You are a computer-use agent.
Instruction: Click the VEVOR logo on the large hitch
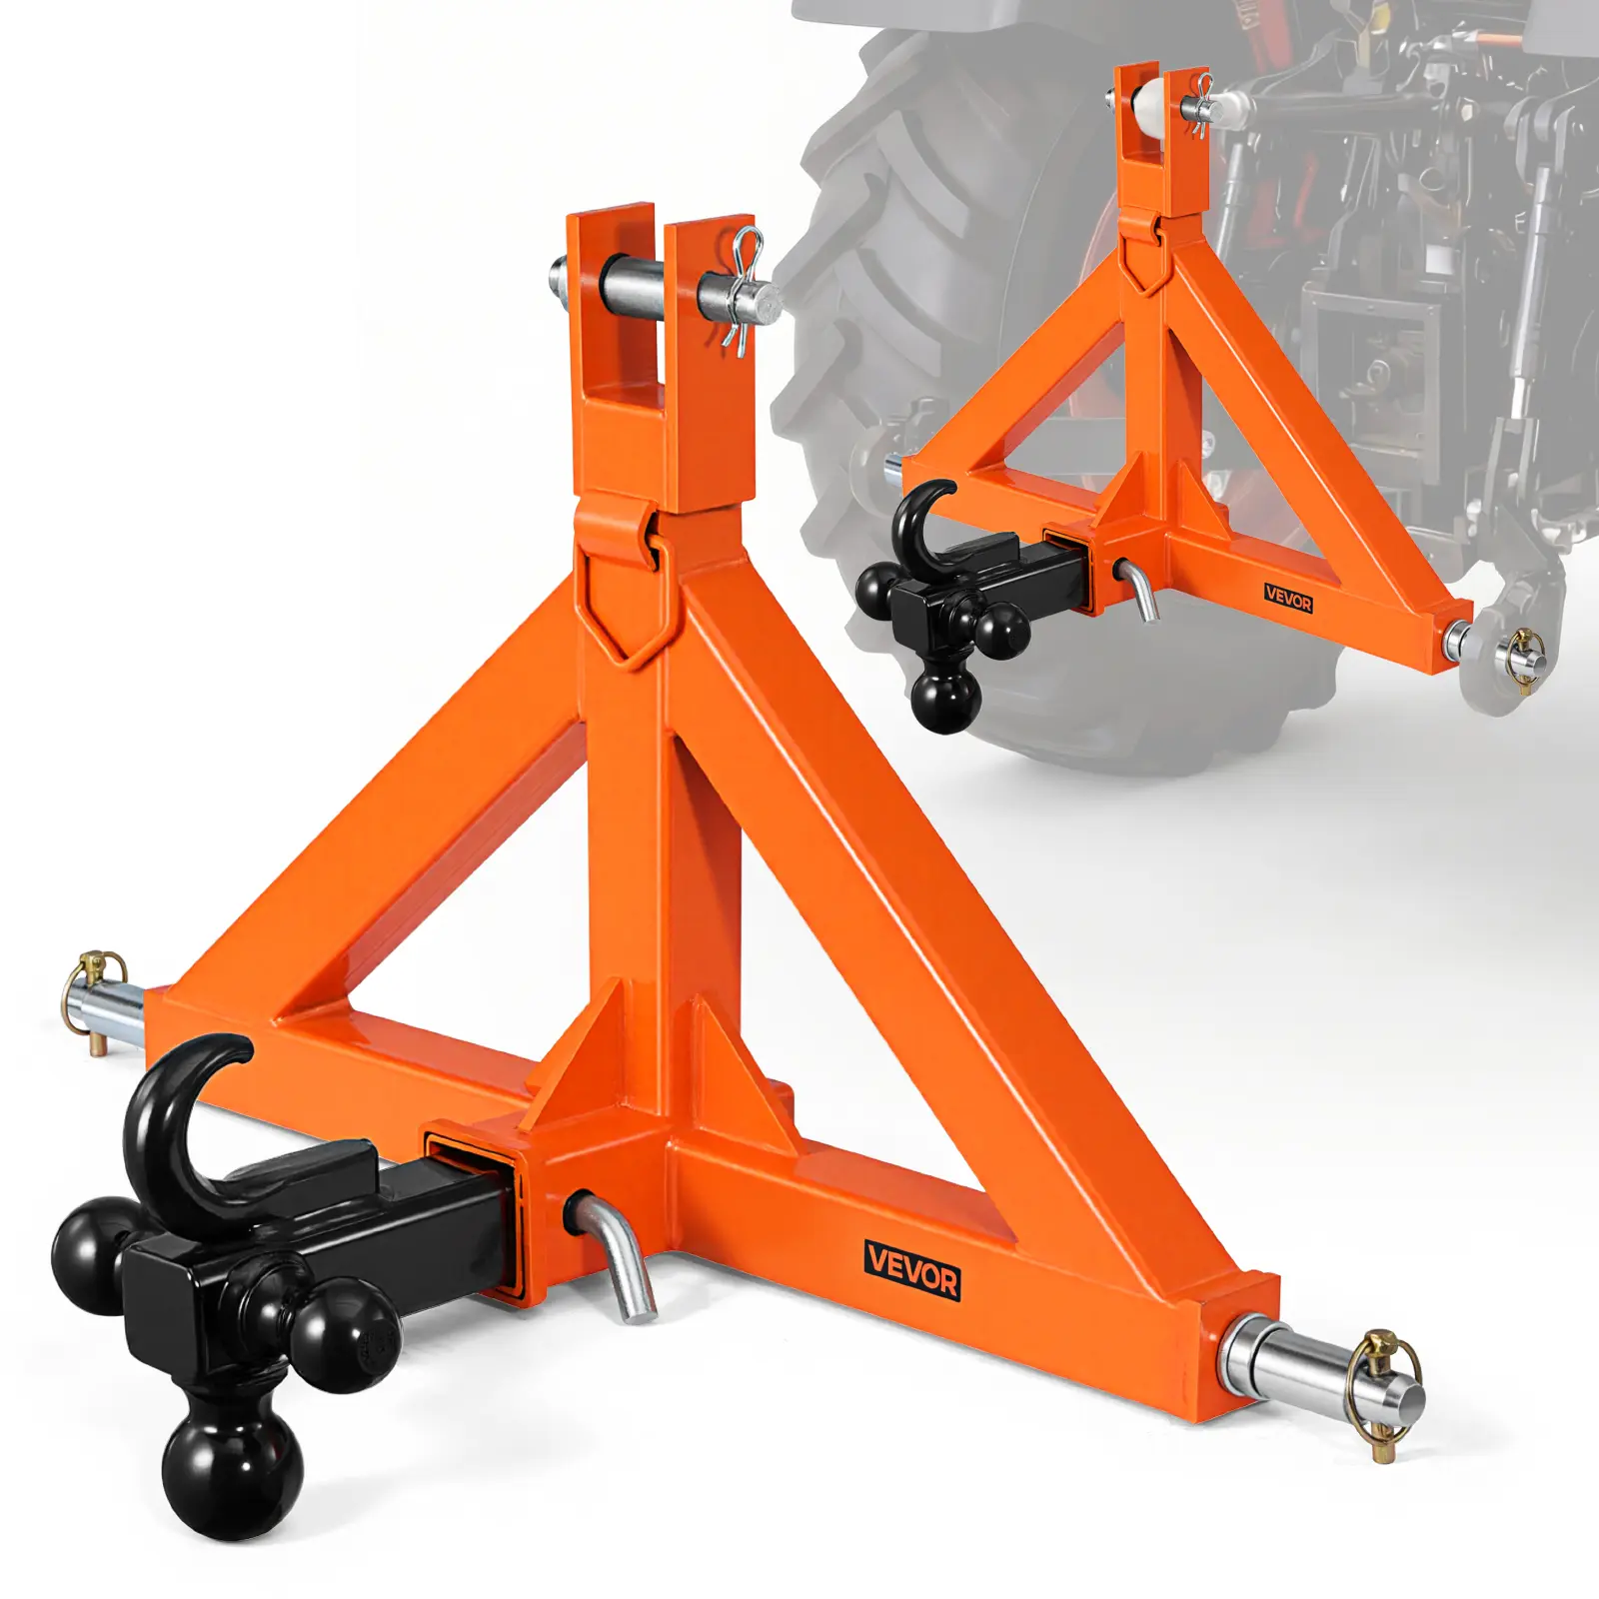point(912,1269)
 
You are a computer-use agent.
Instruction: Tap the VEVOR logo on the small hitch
point(1288,600)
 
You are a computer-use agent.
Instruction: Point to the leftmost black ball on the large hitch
point(95,1254)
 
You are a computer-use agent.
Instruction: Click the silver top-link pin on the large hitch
point(665,291)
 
